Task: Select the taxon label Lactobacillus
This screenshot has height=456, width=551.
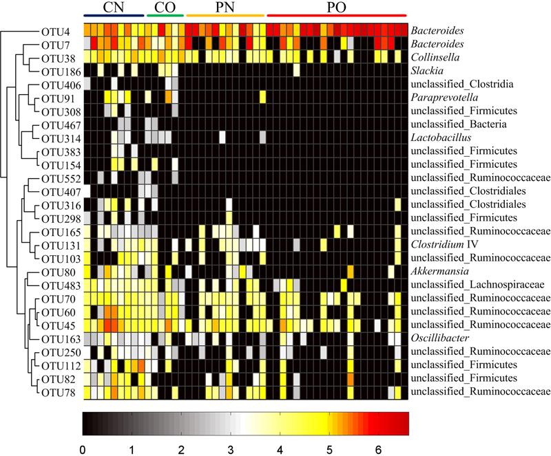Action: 439,138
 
